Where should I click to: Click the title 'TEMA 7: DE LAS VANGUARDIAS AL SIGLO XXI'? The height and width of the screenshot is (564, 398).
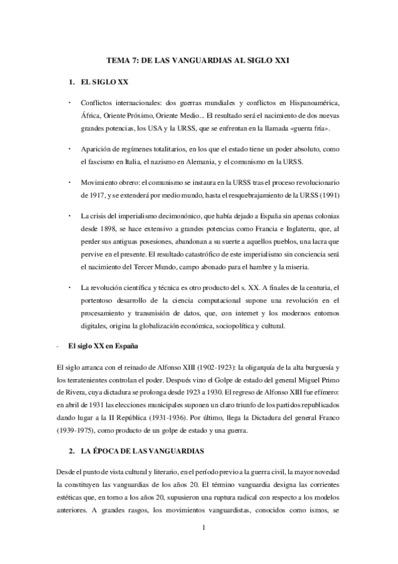(x=199, y=61)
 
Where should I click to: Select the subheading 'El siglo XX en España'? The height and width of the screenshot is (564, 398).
(x=103, y=348)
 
